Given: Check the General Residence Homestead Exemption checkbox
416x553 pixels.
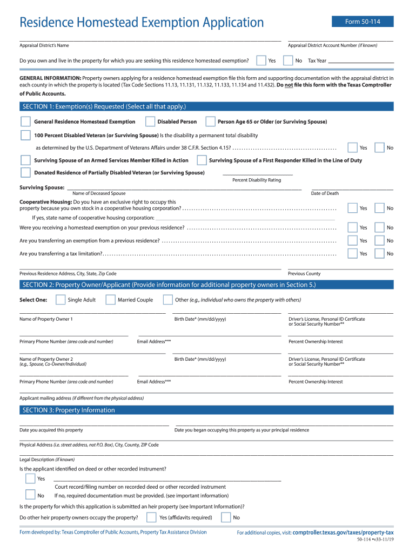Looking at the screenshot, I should [x=25, y=122].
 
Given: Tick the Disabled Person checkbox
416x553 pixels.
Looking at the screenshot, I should [x=149, y=122].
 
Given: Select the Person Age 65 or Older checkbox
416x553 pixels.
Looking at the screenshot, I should [x=209, y=122].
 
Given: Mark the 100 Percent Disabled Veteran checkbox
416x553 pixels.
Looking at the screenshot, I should [x=25, y=135].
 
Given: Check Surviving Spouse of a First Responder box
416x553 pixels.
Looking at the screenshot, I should [x=202, y=160].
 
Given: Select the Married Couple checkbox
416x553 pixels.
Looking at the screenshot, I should [x=110, y=300].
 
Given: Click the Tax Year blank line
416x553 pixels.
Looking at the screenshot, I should [x=360, y=61].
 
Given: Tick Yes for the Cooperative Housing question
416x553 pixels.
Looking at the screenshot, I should [x=352, y=208].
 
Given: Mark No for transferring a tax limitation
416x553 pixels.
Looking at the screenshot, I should [x=379, y=253].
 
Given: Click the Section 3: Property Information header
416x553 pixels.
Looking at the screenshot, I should [x=69, y=410].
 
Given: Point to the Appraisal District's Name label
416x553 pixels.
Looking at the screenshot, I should [x=44, y=45].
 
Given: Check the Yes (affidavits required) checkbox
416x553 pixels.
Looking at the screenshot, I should [x=151, y=517].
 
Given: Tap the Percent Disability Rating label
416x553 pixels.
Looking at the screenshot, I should [x=257, y=180].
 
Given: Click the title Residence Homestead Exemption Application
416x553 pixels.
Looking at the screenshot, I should [x=142, y=23].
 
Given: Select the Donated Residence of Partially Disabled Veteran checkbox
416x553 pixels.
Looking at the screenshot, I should [x=25, y=173].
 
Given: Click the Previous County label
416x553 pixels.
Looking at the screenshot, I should [x=304, y=274].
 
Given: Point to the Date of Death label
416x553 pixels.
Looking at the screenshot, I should [x=325, y=193].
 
